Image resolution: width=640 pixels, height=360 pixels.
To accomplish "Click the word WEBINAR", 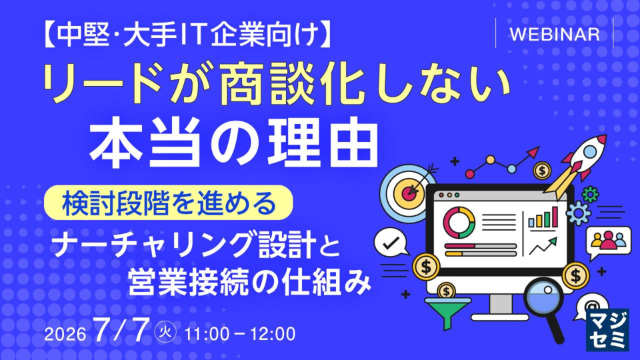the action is [x=555, y=34].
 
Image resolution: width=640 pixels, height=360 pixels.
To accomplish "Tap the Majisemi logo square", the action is [x=607, y=331].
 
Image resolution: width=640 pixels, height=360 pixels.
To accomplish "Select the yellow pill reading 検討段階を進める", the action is [x=169, y=203].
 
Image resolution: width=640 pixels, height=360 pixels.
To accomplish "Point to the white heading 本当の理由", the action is [x=233, y=143].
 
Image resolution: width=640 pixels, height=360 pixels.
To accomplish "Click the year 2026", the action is [x=65, y=335].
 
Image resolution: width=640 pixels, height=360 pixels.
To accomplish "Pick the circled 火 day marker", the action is [x=166, y=331].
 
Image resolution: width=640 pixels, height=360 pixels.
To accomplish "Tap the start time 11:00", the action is [x=207, y=334].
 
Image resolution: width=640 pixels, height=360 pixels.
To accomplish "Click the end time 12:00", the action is [x=273, y=334].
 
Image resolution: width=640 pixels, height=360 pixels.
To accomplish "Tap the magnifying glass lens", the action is [x=543, y=298].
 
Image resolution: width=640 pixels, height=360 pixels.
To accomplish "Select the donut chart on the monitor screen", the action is [x=459, y=223].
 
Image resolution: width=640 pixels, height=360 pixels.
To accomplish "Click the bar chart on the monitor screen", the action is [x=543, y=217].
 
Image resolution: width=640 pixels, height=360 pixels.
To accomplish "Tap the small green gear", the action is [x=590, y=194].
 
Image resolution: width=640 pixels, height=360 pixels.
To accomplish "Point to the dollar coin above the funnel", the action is [x=446, y=291].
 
